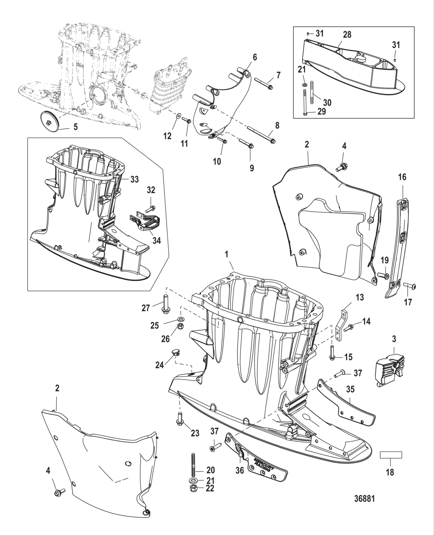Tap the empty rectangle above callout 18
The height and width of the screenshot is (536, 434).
click(391, 455)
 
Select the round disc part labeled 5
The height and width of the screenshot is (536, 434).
click(51, 123)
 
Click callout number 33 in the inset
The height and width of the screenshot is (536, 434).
click(134, 179)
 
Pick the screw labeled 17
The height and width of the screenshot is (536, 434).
click(409, 286)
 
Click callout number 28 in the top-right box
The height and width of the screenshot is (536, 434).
click(347, 35)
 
